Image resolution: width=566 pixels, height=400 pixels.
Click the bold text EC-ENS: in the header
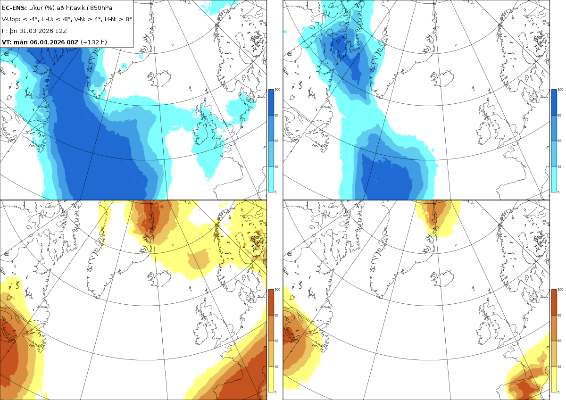pyautogui.click(x=14, y=8)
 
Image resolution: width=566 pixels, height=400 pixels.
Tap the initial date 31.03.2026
pyautogui.click(x=36, y=31)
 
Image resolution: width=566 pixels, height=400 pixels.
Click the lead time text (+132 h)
pyautogui.click(x=94, y=42)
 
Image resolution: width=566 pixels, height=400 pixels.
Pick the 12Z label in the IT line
pyautogui.click(x=61, y=31)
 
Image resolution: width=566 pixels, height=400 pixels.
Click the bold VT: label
pyautogui.click(x=7, y=42)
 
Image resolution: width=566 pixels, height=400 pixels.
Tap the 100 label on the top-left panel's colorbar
pyautogui.click(x=277, y=90)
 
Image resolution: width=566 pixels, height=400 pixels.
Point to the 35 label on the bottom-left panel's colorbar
pyautogui.click(x=276, y=367)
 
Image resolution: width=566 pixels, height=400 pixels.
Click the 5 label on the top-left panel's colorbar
pyautogui.click(x=275, y=192)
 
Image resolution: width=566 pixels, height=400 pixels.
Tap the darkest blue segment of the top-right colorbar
pyautogui.click(x=554, y=102)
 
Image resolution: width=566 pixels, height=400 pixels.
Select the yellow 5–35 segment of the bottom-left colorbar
pyautogui.click(x=271, y=379)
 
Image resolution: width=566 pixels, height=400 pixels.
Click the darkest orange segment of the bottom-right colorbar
pyautogui.click(x=554, y=302)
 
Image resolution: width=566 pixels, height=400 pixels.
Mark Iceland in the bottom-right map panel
pyautogui.click(x=442, y=278)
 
